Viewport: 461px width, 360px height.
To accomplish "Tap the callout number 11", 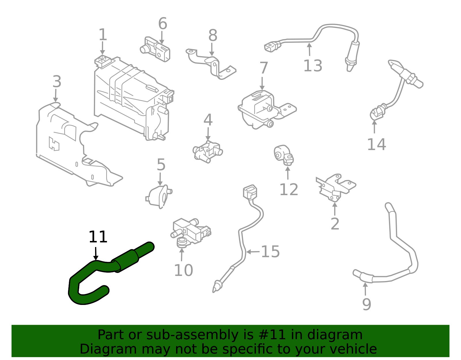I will click(98, 237).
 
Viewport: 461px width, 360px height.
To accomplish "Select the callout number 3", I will click(57, 82).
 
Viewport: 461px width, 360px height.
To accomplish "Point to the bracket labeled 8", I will click(212, 65).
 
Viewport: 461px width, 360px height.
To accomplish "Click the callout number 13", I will click(313, 66).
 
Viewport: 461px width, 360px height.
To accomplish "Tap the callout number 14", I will click(376, 144).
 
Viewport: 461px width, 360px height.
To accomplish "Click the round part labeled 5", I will click(159, 196).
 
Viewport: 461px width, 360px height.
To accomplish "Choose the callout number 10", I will click(183, 270).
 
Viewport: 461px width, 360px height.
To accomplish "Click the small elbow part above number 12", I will click(284, 155).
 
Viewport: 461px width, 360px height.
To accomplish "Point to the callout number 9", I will click(366, 304).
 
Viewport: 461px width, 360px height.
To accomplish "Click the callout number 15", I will click(270, 252).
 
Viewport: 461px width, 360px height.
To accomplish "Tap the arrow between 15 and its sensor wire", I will click(252, 252).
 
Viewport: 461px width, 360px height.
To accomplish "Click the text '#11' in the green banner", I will click(272, 335).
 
